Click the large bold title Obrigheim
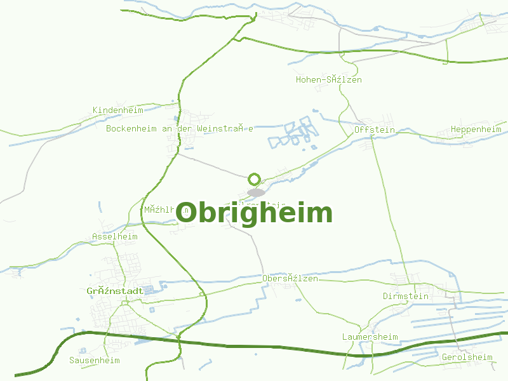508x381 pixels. pyautogui.click(x=254, y=213)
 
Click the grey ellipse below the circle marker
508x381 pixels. pyautogui.click(x=255, y=192)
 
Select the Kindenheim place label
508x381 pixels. pyautogui.click(x=117, y=110)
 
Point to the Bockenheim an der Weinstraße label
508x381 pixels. pyautogui.click(x=180, y=128)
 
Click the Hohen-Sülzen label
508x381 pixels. pyautogui.click(x=328, y=80)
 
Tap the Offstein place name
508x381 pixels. pyautogui.click(x=374, y=130)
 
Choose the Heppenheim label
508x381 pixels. pyautogui.click(x=476, y=130)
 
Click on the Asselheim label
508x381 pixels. pyautogui.click(x=114, y=237)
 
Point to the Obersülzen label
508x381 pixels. pyautogui.click(x=290, y=279)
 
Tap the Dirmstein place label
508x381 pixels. pyautogui.click(x=406, y=297)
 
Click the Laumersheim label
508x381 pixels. pyautogui.click(x=370, y=337)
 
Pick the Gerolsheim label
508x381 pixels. pyautogui.click(x=467, y=357)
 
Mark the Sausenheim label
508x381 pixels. pyautogui.click(x=94, y=360)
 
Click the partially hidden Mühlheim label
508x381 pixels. pyautogui.click(x=159, y=209)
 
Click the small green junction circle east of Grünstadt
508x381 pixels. pyautogui.click(x=202, y=294)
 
